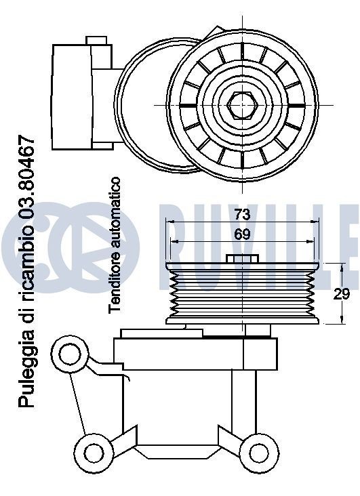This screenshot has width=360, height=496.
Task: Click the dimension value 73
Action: click(242, 215)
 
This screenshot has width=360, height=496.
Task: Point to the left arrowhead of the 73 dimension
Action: click(169, 222)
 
